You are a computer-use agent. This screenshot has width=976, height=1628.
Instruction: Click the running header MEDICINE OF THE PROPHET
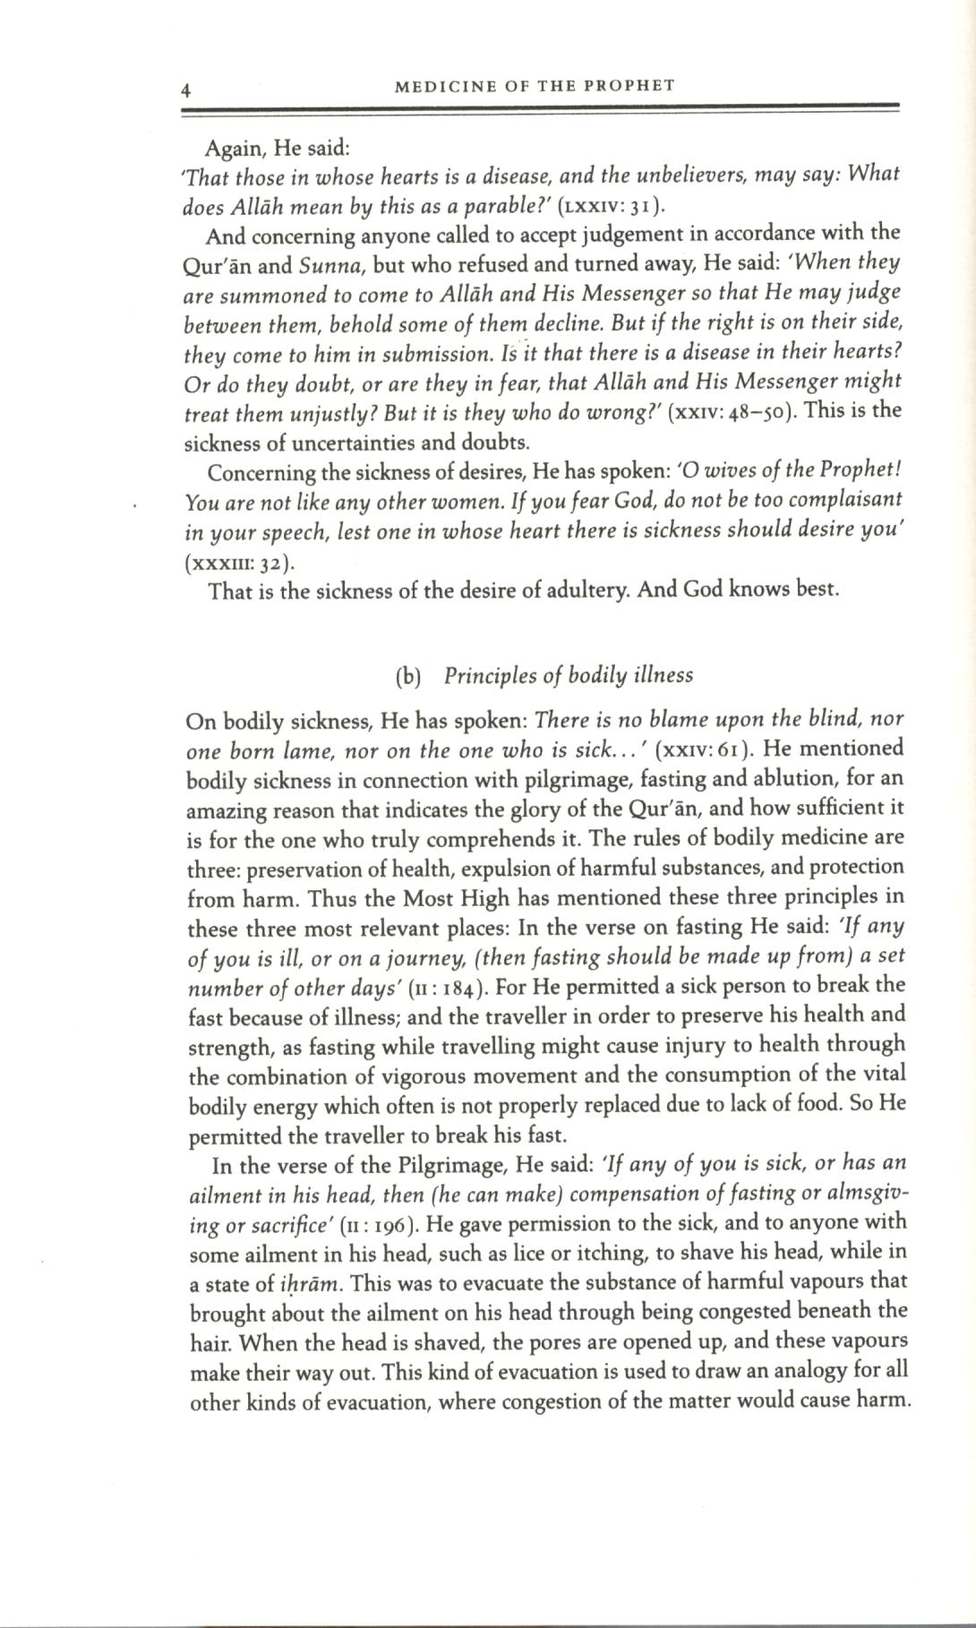535,86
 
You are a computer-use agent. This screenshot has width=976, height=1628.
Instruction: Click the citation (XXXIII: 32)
239,563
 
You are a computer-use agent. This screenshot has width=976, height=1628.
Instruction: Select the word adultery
588,592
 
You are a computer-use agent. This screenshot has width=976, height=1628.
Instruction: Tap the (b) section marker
407,676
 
